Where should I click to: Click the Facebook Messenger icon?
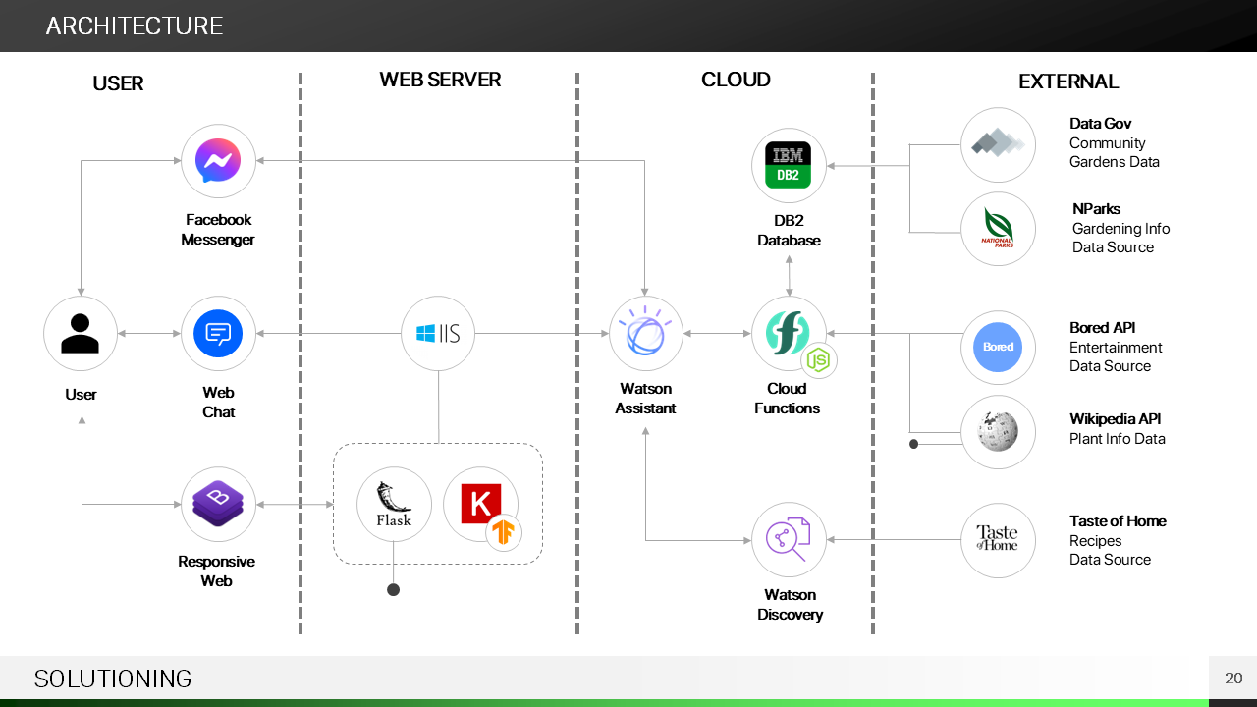218,161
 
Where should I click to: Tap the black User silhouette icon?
81,334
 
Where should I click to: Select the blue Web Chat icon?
218,334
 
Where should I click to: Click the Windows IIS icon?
438,334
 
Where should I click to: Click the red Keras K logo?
480,503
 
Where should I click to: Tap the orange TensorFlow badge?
505,532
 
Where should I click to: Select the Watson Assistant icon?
645,334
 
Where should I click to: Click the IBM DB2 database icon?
788,165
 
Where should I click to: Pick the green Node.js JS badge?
818,361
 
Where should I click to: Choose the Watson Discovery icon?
789,539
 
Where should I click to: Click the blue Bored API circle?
998,348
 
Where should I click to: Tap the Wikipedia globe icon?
998,432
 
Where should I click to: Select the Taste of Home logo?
998,539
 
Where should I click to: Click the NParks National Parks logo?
998,229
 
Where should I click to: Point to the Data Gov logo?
998,144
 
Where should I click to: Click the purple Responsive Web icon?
218,504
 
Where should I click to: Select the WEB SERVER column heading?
440,80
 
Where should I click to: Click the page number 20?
1233,679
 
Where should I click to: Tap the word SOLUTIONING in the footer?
113,679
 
